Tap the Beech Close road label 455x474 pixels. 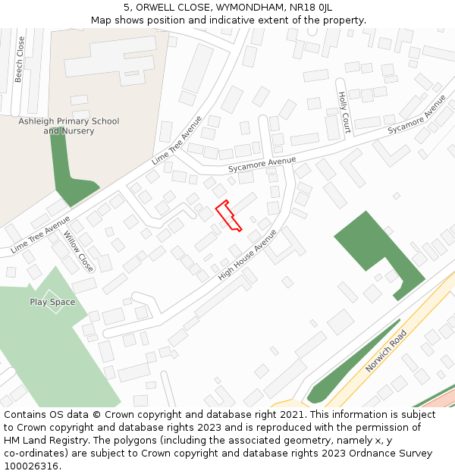(20, 59)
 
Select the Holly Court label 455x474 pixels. (343, 113)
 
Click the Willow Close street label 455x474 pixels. (79, 252)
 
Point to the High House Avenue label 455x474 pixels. (247, 256)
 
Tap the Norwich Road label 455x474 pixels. (386, 350)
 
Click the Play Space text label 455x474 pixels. (52, 302)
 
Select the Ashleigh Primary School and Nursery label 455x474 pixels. (69, 126)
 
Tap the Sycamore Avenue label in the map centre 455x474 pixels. (262, 162)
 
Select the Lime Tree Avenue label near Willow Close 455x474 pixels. (41, 234)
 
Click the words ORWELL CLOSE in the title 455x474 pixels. (168, 7)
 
